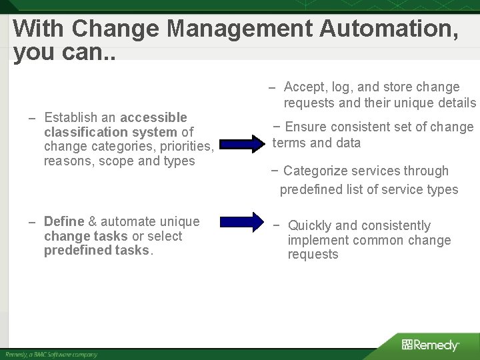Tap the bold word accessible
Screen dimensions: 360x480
click(153, 117)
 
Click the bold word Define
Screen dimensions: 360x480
click(64, 221)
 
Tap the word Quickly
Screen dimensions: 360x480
click(311, 226)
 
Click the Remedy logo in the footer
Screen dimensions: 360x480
click(431, 345)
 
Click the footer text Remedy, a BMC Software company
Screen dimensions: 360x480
click(51, 355)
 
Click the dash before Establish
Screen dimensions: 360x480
click(32, 118)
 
